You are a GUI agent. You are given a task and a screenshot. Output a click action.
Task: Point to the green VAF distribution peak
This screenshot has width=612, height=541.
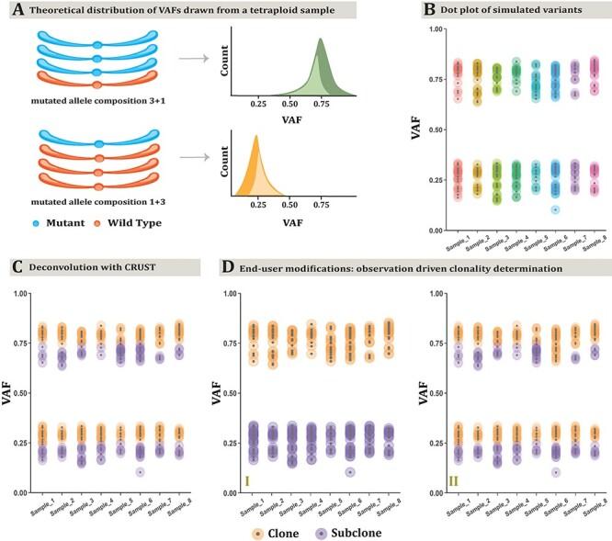coord(320,41)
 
